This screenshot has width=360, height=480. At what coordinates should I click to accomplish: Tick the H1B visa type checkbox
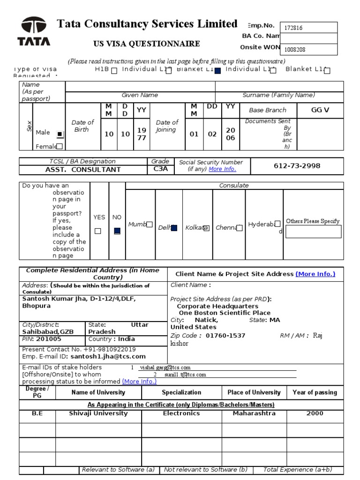pyautogui.click(x=114, y=71)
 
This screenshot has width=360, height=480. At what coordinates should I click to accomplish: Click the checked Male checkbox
pyautogui.click(x=60, y=134)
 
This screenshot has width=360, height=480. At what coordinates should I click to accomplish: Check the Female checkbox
pyautogui.click(x=60, y=146)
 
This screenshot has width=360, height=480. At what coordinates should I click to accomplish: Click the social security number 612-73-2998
pyautogui.click(x=296, y=166)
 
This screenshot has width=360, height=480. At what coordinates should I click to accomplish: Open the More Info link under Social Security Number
pyautogui.click(x=222, y=169)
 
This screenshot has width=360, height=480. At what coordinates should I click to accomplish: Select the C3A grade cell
pyautogui.click(x=160, y=169)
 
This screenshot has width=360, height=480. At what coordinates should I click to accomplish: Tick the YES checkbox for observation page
pyautogui.click(x=98, y=231)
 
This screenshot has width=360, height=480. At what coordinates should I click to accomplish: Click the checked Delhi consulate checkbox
pyautogui.click(x=174, y=228)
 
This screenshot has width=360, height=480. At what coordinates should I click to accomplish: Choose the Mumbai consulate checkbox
pyautogui.click(x=149, y=225)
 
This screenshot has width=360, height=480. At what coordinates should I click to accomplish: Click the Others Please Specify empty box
pyautogui.click(x=314, y=232)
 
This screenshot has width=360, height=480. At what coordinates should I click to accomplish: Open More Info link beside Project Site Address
pyautogui.click(x=315, y=274)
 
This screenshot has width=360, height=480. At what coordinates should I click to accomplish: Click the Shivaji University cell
pyautogui.click(x=98, y=413)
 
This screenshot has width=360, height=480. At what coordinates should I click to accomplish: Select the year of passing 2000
pyautogui.click(x=315, y=413)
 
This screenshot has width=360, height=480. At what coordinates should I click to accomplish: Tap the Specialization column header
pyautogui.click(x=181, y=392)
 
